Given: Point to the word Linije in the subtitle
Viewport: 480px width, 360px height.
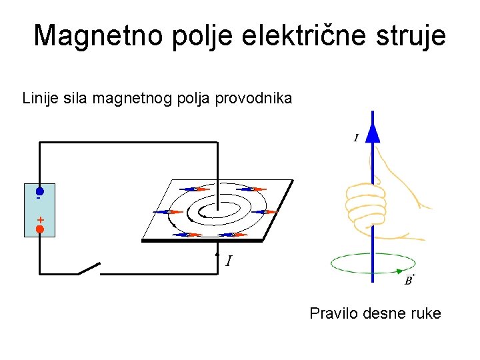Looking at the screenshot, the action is (x=39, y=99).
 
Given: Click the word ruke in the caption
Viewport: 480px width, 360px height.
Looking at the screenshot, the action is (x=425, y=313).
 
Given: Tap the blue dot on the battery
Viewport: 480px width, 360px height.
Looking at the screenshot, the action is (x=40, y=191).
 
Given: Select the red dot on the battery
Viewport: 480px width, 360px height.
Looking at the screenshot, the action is (x=40, y=229).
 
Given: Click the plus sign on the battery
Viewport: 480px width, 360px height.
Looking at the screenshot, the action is (x=40, y=219).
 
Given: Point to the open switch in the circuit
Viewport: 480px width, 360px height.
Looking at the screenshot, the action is (x=89, y=269).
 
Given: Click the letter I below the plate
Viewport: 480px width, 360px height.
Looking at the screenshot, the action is (x=229, y=261).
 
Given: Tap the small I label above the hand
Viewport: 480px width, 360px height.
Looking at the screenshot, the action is (x=356, y=138).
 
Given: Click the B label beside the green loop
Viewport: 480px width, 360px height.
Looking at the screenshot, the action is (x=409, y=281).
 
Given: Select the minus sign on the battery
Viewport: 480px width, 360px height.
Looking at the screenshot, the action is (x=39, y=199).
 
